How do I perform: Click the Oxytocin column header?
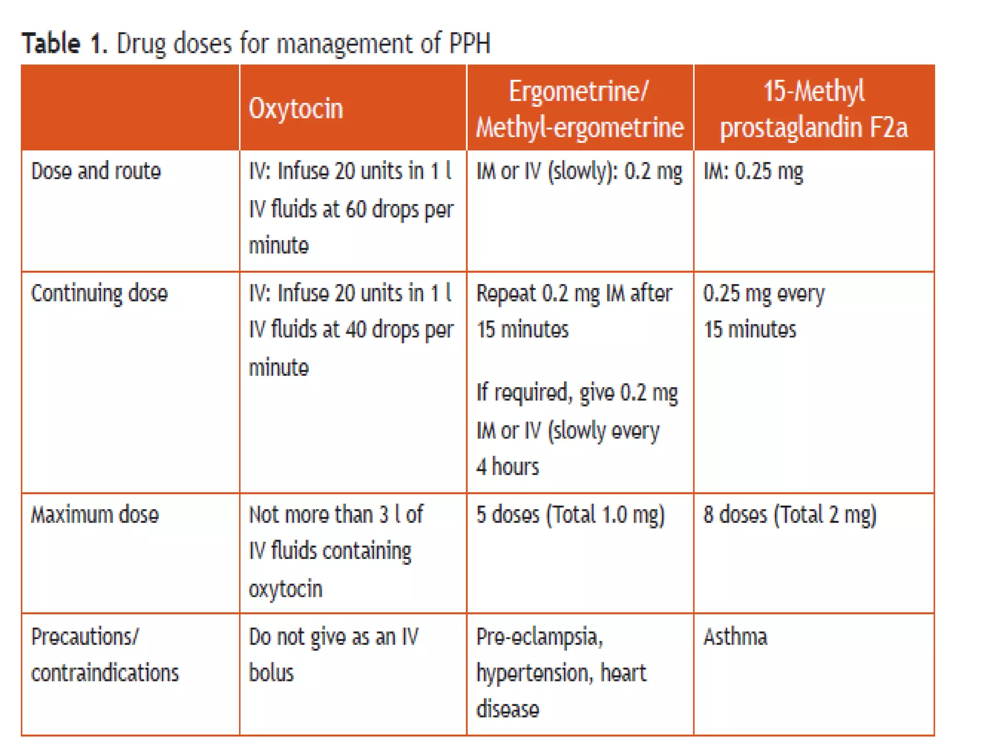296,108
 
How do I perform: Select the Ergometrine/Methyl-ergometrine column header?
579,109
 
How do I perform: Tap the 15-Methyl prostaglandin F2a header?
814,109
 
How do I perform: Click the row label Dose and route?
96,171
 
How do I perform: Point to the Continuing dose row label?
99,293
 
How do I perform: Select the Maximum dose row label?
95,515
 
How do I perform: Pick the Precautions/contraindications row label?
104,655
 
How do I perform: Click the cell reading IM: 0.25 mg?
753,171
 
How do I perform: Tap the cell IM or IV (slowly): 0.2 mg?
579,171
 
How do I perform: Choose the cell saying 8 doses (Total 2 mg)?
789,515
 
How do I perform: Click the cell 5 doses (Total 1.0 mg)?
570,515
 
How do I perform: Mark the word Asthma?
735,637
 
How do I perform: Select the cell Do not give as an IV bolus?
333,655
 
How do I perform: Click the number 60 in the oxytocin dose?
356,209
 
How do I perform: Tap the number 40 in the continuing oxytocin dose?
356,330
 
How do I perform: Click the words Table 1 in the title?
63,43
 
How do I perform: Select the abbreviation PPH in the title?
469,43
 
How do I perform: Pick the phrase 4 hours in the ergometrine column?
507,467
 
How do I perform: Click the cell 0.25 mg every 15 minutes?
763,311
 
